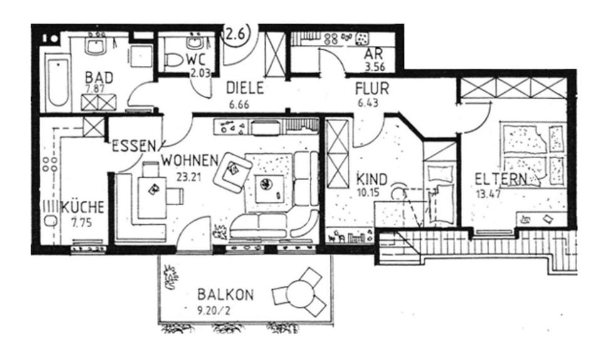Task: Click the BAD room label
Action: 100,77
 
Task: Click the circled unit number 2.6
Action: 235,35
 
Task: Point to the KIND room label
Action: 372,177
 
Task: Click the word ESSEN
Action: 134,147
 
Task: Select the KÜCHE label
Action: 83,208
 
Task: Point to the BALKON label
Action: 225,294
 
